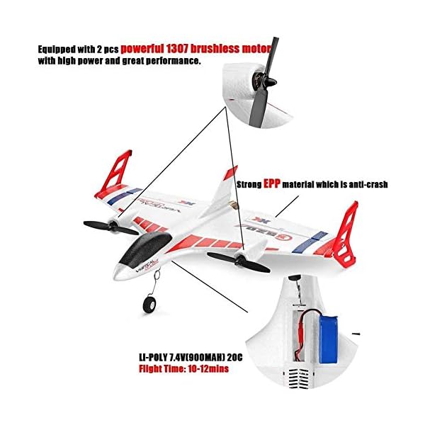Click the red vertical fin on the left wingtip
click(x=118, y=170)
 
